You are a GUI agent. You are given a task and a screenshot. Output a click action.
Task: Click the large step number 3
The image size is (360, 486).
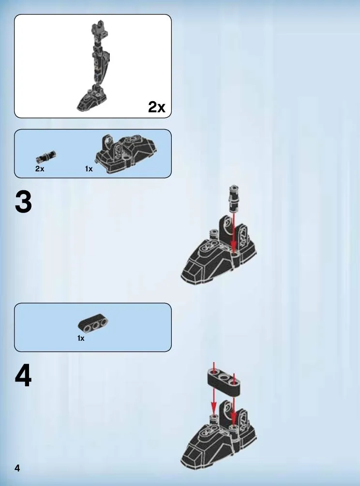point(23,202)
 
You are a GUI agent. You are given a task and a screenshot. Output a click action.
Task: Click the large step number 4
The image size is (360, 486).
point(23,376)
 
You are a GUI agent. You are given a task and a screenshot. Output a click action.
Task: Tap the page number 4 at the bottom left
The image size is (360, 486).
point(17,468)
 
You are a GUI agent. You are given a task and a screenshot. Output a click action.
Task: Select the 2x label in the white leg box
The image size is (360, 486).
point(156,107)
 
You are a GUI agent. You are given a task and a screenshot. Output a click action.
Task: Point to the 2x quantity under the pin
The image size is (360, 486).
point(40,169)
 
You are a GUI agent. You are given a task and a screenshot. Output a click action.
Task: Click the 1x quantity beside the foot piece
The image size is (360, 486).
point(89,169)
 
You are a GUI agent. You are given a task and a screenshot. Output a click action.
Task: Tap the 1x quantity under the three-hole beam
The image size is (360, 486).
point(81,338)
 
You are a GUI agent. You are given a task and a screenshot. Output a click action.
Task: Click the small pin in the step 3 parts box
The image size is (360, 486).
point(46,156)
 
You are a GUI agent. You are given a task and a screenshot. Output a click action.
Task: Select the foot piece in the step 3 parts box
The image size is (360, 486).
point(126,153)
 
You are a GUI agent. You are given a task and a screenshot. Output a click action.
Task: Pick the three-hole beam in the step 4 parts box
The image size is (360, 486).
point(93,324)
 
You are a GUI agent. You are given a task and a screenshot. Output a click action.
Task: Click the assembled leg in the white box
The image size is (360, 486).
point(93,66)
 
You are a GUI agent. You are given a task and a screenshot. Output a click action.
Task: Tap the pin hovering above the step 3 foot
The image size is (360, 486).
point(234,198)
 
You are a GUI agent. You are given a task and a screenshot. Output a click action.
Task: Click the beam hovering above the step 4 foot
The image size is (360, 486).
point(224,381)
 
